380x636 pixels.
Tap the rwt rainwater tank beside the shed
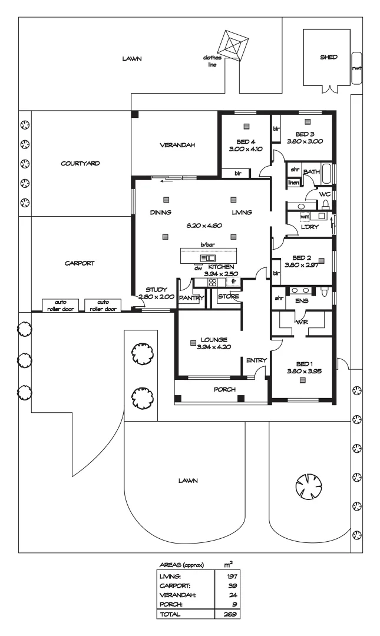[356, 67]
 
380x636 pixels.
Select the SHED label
[328, 58]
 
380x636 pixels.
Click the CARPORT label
[80, 264]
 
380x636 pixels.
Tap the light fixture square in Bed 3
[306, 122]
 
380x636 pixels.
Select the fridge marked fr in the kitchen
[233, 281]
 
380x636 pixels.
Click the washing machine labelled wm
[305, 217]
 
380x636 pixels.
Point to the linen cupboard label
[293, 183]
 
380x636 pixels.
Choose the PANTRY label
[191, 298]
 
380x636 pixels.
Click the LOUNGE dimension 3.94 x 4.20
[214, 347]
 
